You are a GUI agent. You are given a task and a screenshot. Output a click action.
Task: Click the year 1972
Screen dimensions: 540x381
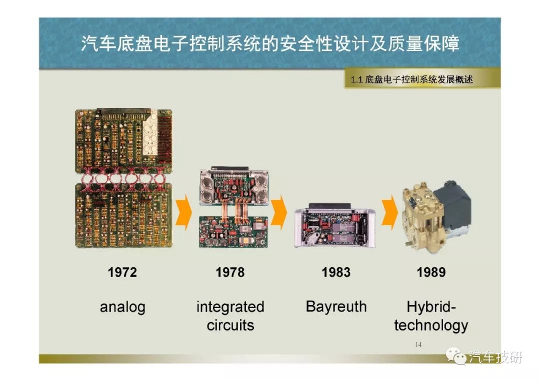[122, 272]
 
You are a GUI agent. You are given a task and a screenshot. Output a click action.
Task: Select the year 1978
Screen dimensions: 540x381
[230, 272]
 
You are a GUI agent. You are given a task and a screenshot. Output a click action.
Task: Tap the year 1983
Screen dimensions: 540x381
[336, 272]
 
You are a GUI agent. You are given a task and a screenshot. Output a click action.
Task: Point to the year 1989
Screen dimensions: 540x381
[431, 272]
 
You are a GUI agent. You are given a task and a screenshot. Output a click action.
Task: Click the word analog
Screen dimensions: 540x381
[122, 307]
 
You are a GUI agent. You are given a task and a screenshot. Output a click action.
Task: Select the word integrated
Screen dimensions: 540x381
[230, 307]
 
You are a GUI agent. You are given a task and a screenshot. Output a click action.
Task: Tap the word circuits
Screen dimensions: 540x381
[230, 325]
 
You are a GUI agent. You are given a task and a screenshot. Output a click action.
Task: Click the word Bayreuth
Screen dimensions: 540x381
[336, 307]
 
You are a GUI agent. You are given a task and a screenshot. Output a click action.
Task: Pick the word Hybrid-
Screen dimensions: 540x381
[431, 307]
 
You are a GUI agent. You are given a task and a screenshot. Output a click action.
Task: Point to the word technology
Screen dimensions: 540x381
[431, 325]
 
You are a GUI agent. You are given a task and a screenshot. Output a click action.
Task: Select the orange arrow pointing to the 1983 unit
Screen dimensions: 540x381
[279, 212]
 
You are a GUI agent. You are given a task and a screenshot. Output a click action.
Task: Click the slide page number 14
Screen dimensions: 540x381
[418, 345]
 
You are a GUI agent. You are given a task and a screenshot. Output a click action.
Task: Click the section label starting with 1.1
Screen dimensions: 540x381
[411, 80]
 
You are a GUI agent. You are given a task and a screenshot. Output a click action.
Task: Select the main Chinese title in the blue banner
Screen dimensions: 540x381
[270, 43]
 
